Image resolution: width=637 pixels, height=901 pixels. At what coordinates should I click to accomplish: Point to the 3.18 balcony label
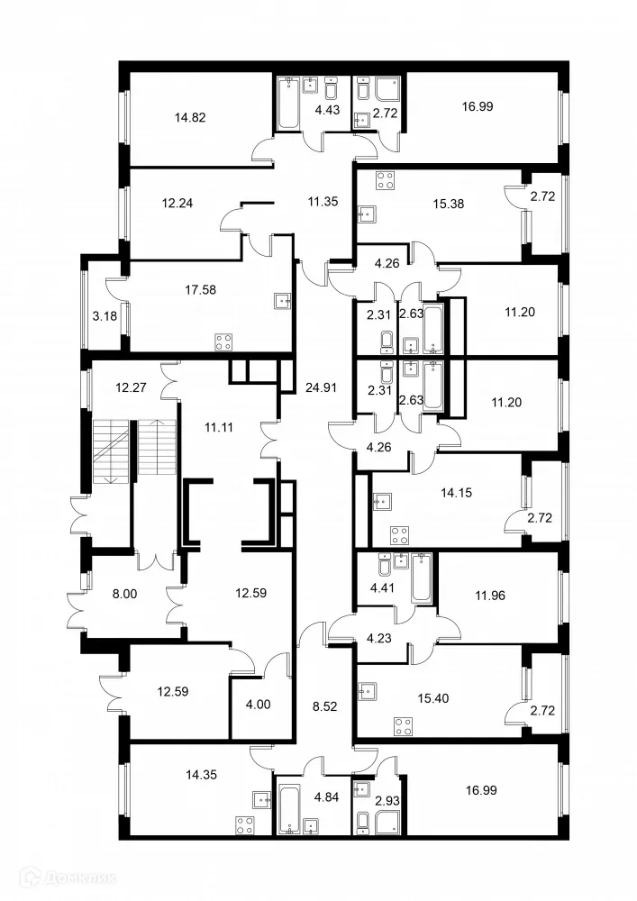pyautogui.click(x=104, y=316)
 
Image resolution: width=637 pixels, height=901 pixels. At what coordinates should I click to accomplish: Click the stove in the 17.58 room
pyautogui.click(x=223, y=341)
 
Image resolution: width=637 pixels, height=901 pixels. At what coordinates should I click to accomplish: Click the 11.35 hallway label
pyautogui.click(x=322, y=201)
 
